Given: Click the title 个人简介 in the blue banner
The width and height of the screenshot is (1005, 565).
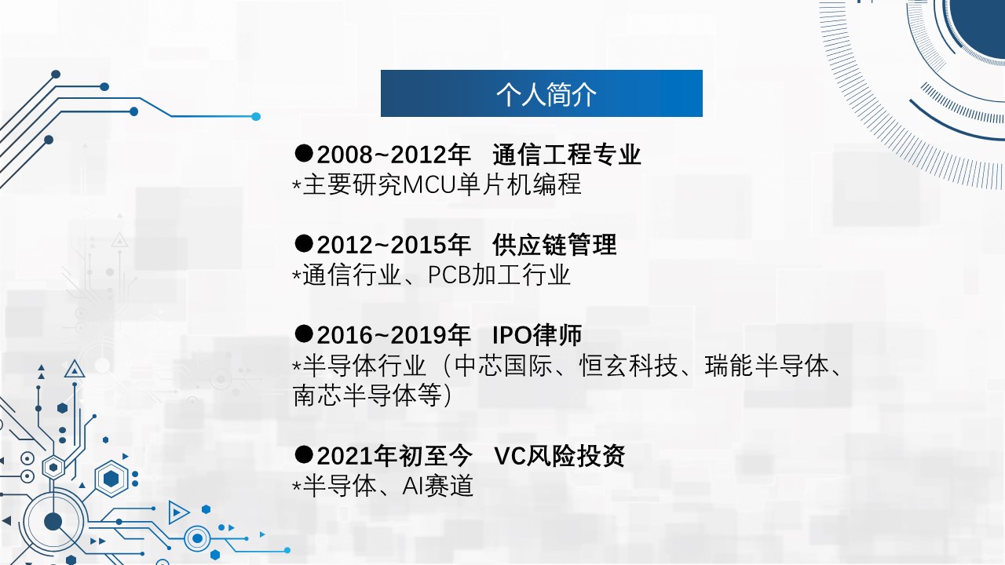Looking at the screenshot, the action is [546, 95].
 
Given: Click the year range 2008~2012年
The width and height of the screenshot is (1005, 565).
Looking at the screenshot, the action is [394, 155].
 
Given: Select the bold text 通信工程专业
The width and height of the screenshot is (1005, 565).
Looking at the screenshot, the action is [567, 155].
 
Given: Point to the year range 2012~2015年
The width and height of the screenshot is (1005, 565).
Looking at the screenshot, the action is [394, 245].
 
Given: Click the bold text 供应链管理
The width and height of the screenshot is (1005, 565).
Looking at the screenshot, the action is [554, 245].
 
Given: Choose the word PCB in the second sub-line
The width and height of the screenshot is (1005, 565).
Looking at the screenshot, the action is [450, 275].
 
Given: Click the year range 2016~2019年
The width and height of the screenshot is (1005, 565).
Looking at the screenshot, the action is [394, 335].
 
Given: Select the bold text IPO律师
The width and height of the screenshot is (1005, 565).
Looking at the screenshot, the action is [537, 335].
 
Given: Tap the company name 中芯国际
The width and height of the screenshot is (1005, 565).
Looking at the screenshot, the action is [503, 366].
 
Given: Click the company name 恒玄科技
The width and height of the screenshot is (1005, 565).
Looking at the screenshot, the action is [628, 366].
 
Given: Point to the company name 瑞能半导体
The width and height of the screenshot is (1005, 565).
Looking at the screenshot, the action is [766, 366].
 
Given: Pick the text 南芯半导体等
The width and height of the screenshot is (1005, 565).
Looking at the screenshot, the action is [367, 395].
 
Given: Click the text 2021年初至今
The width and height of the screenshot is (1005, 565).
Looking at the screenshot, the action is [395, 456].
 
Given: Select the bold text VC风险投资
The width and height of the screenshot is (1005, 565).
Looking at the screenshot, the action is [560, 456].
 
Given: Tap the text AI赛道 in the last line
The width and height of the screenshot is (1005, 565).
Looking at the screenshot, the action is [438, 486].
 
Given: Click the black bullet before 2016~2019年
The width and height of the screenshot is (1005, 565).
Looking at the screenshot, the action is [304, 334].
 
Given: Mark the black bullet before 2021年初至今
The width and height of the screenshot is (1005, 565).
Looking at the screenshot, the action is [304, 454].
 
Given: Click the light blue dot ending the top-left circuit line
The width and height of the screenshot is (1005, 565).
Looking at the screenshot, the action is [256, 117].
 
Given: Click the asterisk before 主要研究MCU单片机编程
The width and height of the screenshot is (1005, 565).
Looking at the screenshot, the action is [297, 184].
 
